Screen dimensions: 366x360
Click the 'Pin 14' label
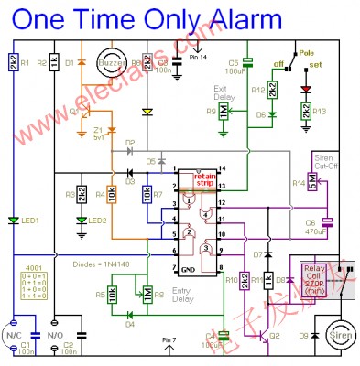tap(200, 58)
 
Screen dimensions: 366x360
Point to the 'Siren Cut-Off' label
tap(327, 163)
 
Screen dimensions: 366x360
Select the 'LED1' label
tap(32, 221)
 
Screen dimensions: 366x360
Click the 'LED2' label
tap(99, 221)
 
